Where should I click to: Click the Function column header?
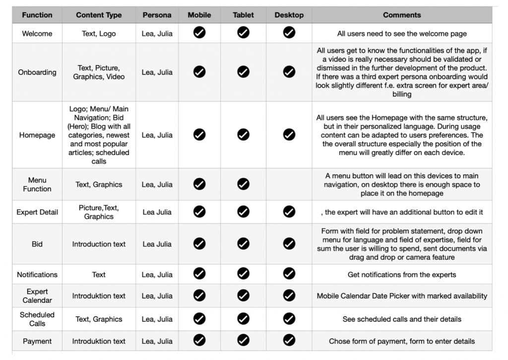(x=37, y=15)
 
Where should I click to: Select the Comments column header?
(x=402, y=15)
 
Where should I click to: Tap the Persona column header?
(x=157, y=15)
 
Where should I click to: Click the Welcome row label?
(x=37, y=34)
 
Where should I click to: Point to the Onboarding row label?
(x=37, y=72)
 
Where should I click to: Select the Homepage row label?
(x=37, y=135)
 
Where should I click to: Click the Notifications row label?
(x=37, y=275)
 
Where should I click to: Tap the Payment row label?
(x=37, y=341)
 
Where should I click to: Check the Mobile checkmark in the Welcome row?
(x=199, y=33)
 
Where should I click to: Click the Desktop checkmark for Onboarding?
(x=289, y=72)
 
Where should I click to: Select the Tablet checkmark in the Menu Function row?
(x=243, y=184)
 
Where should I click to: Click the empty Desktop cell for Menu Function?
(x=289, y=184)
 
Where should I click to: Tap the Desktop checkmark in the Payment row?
(x=289, y=341)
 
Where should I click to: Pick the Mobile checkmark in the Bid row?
(x=199, y=244)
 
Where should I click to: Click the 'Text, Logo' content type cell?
(x=99, y=34)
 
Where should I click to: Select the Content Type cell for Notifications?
(x=99, y=275)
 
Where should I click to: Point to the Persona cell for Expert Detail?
(x=157, y=212)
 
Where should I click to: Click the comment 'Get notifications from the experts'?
(x=402, y=275)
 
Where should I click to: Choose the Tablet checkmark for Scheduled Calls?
(x=243, y=319)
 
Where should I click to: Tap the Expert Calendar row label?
(x=37, y=296)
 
